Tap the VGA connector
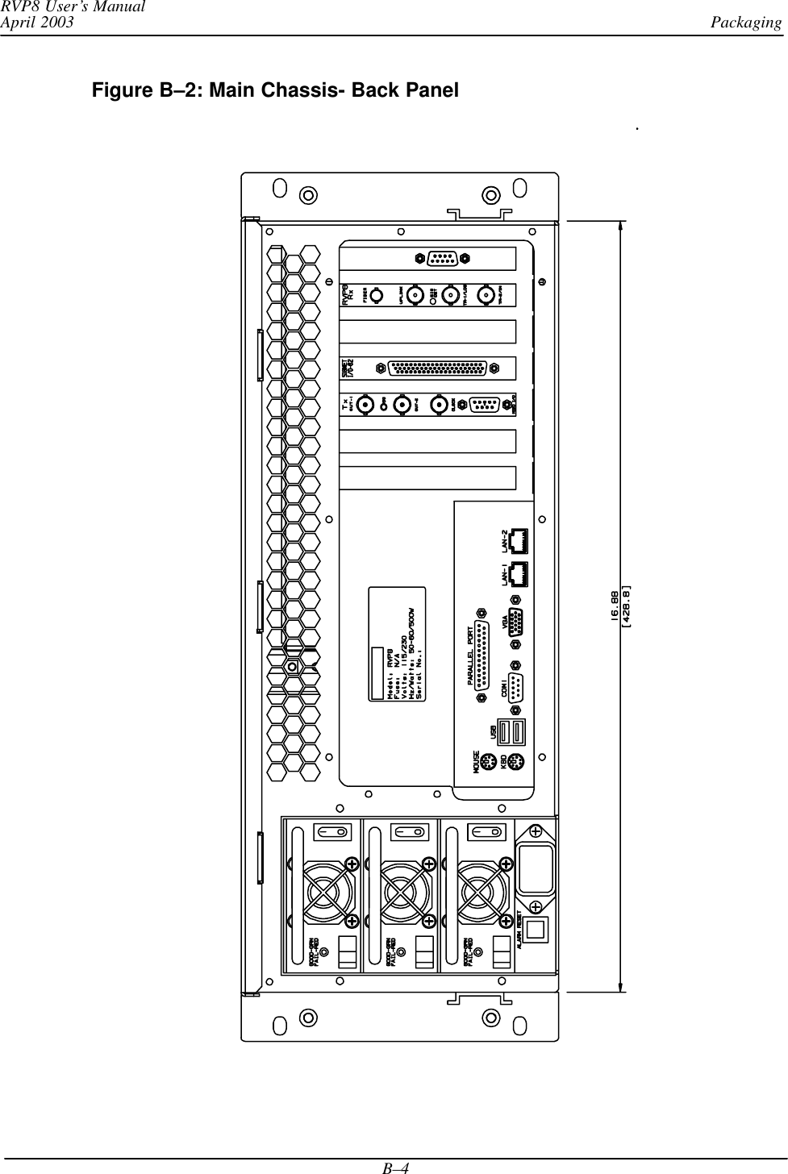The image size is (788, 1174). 518,626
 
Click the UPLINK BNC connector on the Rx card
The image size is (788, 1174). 415,295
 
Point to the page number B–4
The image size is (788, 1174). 394,1165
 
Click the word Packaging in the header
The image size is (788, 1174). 746,22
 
